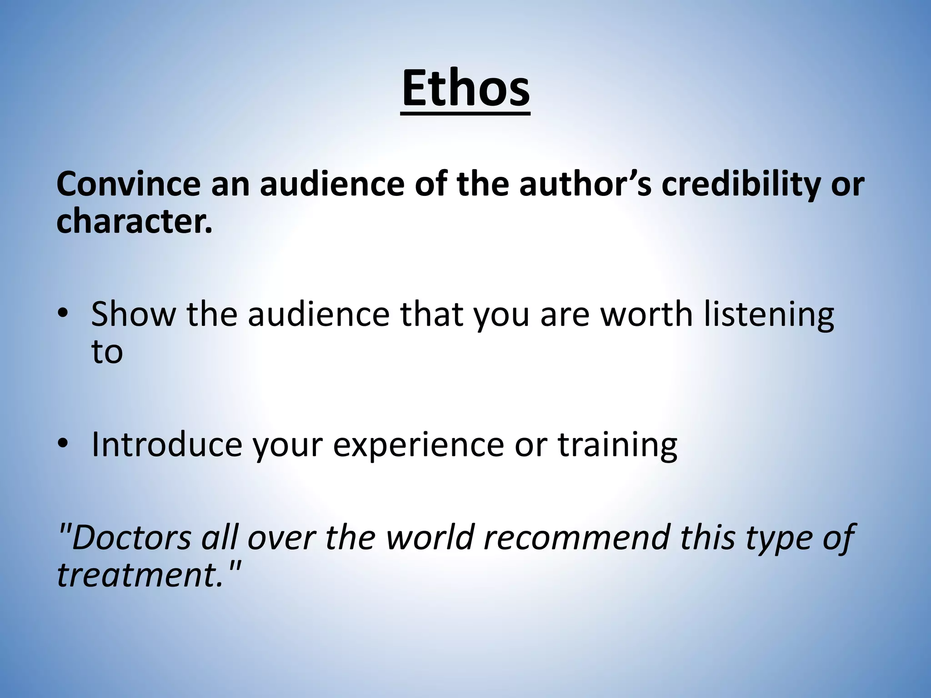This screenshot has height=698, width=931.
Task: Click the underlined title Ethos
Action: [x=465, y=88]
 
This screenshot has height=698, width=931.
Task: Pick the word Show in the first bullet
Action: [x=133, y=314]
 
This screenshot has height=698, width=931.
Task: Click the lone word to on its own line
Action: [x=107, y=352]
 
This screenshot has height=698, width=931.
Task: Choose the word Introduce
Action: [x=166, y=444]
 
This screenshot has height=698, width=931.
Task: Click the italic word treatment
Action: [x=139, y=575]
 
